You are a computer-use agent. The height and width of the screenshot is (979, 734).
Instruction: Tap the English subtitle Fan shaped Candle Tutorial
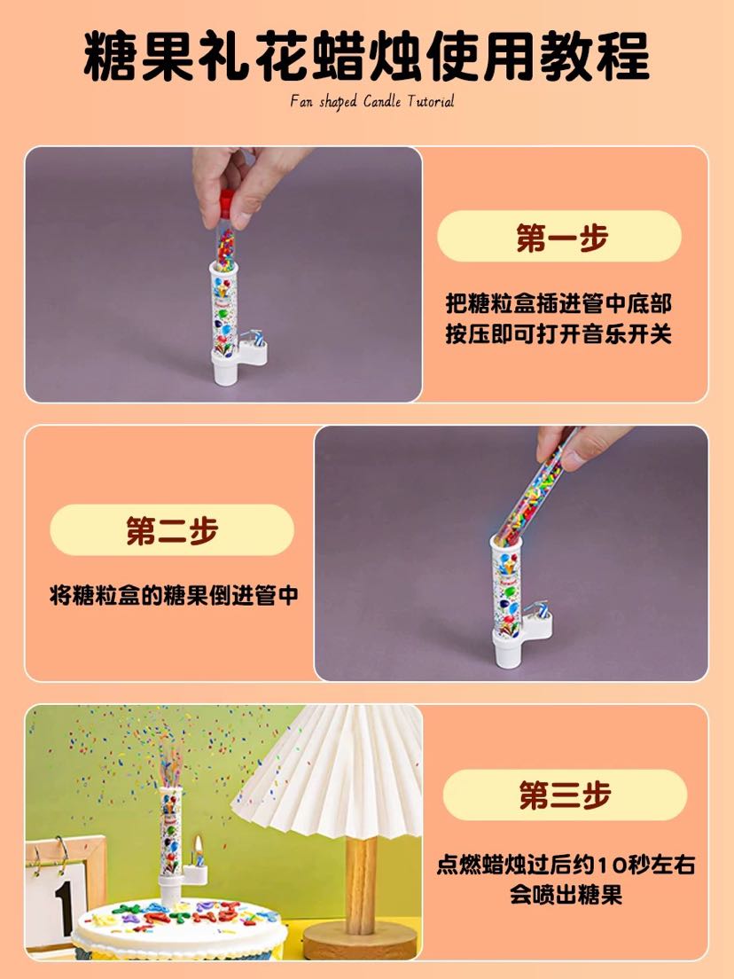[x=372, y=102]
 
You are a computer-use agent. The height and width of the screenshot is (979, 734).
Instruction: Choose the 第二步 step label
[x=172, y=531]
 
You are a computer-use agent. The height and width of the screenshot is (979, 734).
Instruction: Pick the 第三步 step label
[x=565, y=795]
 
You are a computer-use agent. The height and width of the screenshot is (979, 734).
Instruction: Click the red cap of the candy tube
[x=227, y=204]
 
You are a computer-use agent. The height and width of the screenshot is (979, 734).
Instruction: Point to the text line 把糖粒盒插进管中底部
[x=558, y=304]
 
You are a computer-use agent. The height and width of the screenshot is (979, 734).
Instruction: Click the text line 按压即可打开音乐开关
[x=558, y=334]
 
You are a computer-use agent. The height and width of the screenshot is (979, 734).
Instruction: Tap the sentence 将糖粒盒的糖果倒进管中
[x=174, y=595]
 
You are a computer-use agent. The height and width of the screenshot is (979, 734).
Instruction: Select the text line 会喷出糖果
[x=566, y=895]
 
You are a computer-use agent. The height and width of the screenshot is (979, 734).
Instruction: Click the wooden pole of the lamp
[x=362, y=885]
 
